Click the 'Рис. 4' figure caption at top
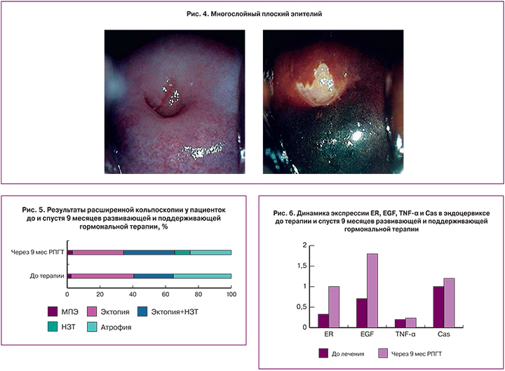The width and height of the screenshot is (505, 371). (x=252, y=13)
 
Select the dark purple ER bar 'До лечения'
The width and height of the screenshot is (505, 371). (x=323, y=321)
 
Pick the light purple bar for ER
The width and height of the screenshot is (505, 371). (x=334, y=306)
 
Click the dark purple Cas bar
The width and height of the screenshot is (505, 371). (x=438, y=306)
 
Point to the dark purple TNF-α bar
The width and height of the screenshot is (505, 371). (x=400, y=323)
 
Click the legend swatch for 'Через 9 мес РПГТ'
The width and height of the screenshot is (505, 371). (x=382, y=354)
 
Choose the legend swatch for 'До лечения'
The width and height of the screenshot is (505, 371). (x=324, y=354)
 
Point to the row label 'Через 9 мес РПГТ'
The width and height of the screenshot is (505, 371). (x=37, y=252)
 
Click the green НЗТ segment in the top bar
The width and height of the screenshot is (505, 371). (x=182, y=252)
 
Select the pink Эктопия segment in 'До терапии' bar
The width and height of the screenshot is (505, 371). (x=102, y=276)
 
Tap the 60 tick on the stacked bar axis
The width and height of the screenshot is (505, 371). (x=166, y=294)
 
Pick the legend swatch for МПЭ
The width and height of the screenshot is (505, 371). (x=53, y=310)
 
